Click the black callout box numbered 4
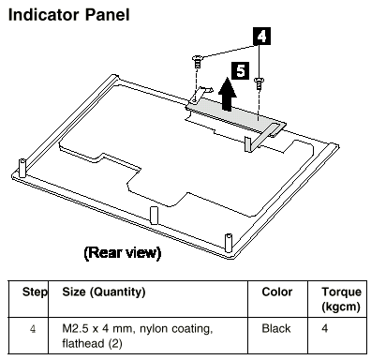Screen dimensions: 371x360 (261, 37)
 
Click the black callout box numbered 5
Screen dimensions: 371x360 (240, 70)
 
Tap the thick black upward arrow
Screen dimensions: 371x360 (227, 95)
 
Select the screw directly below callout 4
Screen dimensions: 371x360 (259, 83)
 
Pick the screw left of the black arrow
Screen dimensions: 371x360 (197, 61)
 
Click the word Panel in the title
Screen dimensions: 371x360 (107, 15)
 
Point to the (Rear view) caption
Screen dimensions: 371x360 (123, 252)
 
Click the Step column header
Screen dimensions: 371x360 (35, 292)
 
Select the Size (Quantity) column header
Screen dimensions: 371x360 (104, 292)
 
